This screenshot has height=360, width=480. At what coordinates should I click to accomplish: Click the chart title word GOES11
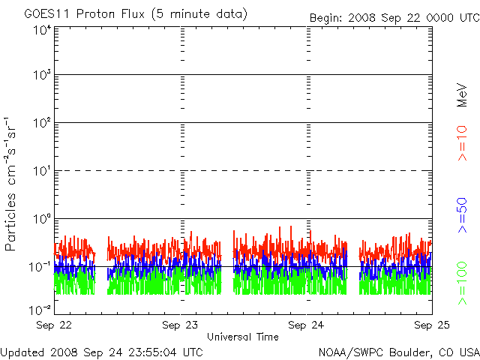point(48,13)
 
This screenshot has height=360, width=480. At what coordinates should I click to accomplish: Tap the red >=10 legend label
point(462,143)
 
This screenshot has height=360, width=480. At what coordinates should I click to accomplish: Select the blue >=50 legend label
point(462,215)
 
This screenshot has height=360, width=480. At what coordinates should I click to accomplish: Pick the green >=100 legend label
point(462,283)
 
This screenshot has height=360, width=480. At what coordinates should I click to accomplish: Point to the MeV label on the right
point(462,95)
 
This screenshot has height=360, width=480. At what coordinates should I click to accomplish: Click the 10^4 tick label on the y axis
point(43,31)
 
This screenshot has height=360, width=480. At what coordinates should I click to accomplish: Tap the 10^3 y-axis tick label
point(43,75)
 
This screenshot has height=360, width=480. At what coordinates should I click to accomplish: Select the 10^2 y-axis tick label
point(43,123)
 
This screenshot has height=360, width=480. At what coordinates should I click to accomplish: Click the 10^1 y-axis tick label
point(43,171)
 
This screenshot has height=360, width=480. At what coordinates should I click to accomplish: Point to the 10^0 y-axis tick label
point(43,219)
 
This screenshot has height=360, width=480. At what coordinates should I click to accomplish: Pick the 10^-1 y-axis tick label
point(40,267)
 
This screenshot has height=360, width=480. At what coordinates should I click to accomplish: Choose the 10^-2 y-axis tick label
point(40,310)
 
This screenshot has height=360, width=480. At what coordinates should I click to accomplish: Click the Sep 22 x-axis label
point(54,325)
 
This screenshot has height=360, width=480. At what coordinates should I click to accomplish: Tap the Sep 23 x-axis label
point(180,325)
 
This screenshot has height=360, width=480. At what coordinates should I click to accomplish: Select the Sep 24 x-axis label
point(306,325)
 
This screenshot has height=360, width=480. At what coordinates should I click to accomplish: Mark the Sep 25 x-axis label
point(432,325)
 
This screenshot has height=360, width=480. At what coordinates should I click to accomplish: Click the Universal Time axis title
point(243,337)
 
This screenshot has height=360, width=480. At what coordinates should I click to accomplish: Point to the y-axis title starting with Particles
point(10,184)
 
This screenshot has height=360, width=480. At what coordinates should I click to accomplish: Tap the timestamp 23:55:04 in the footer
point(153,352)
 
